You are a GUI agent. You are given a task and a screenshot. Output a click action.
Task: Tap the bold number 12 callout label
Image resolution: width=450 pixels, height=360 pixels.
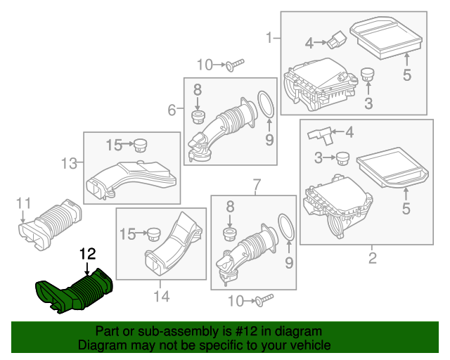[x=86, y=254]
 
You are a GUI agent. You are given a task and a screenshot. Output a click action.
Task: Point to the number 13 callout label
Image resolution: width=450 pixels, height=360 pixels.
[x=68, y=164]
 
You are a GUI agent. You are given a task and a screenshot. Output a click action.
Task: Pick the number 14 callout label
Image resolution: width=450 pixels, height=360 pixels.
[x=162, y=297]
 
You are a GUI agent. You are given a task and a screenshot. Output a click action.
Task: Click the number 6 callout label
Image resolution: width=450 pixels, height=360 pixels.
[x=172, y=110]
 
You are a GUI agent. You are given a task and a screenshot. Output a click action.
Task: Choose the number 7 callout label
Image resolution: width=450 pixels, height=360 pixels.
[x=257, y=185]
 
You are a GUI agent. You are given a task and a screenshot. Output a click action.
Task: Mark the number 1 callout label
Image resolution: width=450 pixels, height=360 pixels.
[x=269, y=37]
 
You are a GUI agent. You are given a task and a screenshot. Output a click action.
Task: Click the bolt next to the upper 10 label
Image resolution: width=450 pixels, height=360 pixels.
[x=234, y=65]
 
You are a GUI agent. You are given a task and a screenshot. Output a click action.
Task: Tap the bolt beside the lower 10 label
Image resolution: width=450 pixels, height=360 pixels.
[x=263, y=301]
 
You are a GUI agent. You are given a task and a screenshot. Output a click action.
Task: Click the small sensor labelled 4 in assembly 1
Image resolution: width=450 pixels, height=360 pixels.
[x=337, y=39]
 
